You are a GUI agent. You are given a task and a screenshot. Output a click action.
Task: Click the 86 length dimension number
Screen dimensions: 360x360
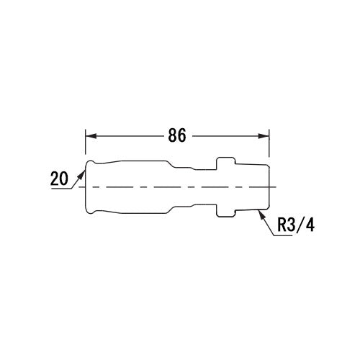pyautogui.click(x=177, y=135)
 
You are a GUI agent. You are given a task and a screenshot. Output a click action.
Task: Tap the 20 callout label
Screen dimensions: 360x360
pyautogui.click(x=59, y=179)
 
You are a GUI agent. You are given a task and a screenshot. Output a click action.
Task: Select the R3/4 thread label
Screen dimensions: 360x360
pyautogui.click(x=296, y=225)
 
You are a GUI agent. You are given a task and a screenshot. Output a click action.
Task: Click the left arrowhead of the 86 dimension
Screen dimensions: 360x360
pyautogui.click(x=91, y=136)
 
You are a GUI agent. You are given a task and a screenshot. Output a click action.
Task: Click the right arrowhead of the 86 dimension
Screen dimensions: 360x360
pyautogui.click(x=264, y=136)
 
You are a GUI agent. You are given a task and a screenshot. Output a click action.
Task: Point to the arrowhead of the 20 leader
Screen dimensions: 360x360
pyautogui.click(x=82, y=174)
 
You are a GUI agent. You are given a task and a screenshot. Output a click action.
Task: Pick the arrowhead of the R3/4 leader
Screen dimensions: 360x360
pyautogui.click(x=261, y=215)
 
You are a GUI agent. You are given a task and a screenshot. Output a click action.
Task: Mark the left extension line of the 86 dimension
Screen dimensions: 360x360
pyautogui.click(x=86, y=142)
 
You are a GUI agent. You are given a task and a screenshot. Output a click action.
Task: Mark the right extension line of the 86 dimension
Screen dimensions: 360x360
pyautogui.click(x=269, y=143)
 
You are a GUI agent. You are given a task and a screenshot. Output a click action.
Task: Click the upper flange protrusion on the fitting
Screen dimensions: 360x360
pyautogui.click(x=225, y=163)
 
